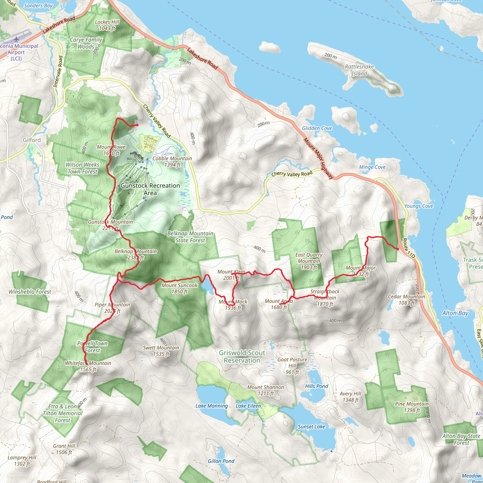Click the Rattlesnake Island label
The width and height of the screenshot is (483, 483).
[359, 70]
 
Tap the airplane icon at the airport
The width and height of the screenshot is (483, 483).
[16, 39]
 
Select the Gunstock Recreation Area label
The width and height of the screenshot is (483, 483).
[150, 189]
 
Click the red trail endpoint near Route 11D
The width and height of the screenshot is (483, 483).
[398, 249]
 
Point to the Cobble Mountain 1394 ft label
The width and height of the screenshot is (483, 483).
[172, 162]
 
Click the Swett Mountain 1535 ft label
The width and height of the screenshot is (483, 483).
[161, 351]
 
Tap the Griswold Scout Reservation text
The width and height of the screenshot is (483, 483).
[242, 357]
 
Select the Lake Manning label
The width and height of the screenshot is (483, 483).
[212, 406]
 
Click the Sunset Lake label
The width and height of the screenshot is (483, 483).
[311, 427]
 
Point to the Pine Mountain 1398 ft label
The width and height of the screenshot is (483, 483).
[412, 407]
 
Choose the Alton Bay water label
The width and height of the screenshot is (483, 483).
[455, 313]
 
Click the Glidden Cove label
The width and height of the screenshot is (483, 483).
[317, 128]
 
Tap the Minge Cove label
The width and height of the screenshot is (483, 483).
[372, 167]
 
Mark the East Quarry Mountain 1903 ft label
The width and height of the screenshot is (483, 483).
[309, 261]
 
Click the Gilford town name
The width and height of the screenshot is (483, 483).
[32, 140]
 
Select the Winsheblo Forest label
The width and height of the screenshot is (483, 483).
[30, 292]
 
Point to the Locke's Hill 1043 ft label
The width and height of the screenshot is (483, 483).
[107, 25]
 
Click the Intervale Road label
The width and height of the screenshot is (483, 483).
[58, 71]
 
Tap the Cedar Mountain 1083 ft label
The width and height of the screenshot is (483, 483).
[406, 300]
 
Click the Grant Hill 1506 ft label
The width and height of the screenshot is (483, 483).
[64, 449]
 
